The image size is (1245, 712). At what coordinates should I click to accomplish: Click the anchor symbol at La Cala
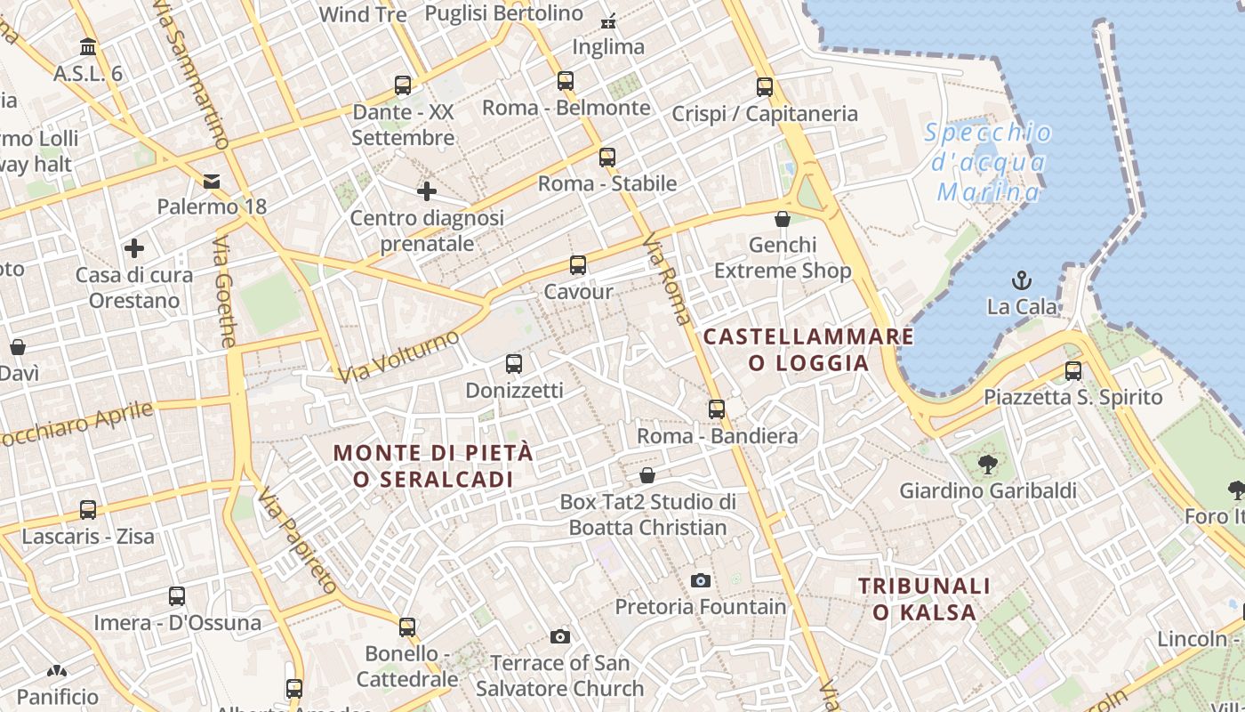tap(1022, 281)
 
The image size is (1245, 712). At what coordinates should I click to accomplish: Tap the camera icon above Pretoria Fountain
tap(701, 581)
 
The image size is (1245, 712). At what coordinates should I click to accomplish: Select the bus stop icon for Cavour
tap(578, 265)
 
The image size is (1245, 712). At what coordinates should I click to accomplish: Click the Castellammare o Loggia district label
tap(808, 350)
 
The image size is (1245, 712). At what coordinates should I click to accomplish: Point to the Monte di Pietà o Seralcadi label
tap(434, 465)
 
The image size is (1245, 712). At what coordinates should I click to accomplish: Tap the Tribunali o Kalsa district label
tap(924, 599)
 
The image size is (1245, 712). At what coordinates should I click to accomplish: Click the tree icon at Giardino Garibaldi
tap(987, 464)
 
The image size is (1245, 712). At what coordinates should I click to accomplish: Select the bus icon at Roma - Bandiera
tap(717, 410)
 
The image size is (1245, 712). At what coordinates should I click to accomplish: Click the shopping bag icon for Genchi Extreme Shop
tap(783, 219)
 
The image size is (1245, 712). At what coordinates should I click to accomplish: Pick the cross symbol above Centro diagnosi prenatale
tap(427, 191)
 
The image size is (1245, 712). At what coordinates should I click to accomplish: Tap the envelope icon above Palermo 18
tap(212, 182)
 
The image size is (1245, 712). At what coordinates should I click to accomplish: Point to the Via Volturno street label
tap(398, 356)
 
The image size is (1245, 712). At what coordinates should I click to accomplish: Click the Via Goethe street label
tap(226, 291)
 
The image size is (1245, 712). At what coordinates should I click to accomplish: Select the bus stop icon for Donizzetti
tap(514, 364)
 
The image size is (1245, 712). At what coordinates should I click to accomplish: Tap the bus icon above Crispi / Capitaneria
tap(765, 87)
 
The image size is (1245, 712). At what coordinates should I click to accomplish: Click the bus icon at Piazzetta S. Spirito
tap(1073, 371)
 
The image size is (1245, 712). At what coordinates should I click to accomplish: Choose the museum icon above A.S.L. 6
tap(88, 46)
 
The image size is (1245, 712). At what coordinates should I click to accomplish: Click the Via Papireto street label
tap(299, 540)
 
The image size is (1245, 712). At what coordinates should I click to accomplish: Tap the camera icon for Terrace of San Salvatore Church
tap(559, 636)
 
